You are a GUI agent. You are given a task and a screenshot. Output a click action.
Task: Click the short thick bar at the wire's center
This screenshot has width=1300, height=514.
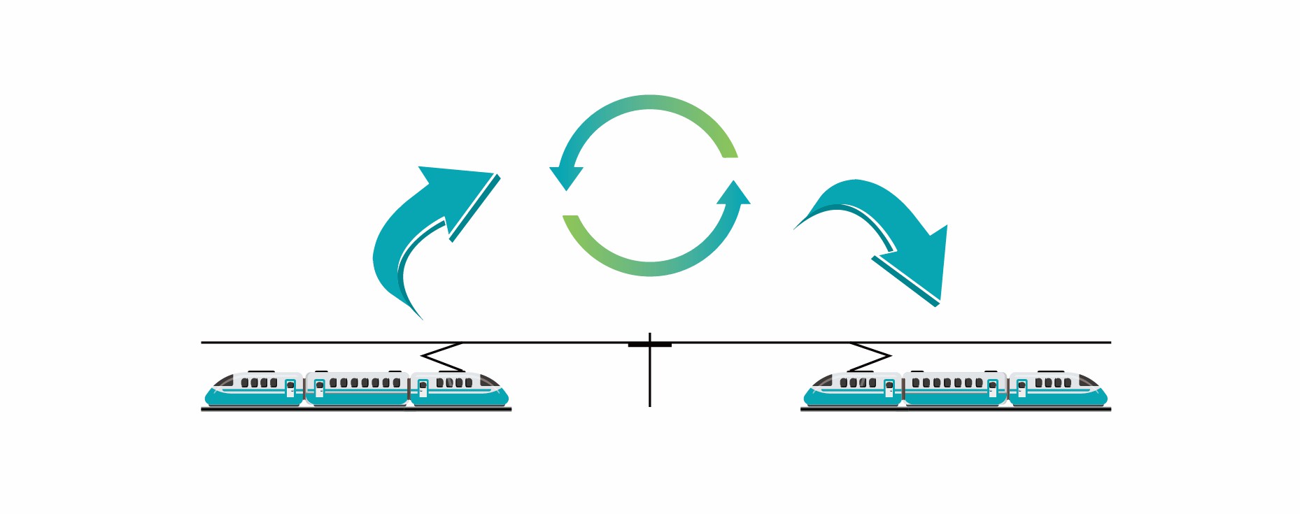coord(650,345)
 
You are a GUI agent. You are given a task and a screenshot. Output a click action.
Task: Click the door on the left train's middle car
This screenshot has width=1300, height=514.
coord(320,389)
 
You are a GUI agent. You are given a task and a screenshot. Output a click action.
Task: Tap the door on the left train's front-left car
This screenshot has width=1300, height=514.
coord(290,389)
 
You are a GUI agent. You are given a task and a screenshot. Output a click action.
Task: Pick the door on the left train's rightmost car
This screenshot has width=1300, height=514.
coord(423,389)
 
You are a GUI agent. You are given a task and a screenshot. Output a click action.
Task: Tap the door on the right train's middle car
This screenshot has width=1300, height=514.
coord(992,389)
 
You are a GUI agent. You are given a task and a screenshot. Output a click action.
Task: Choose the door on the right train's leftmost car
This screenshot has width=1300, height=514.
coord(889,389)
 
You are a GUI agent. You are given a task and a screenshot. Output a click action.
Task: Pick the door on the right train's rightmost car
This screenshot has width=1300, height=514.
coord(1022,389)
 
